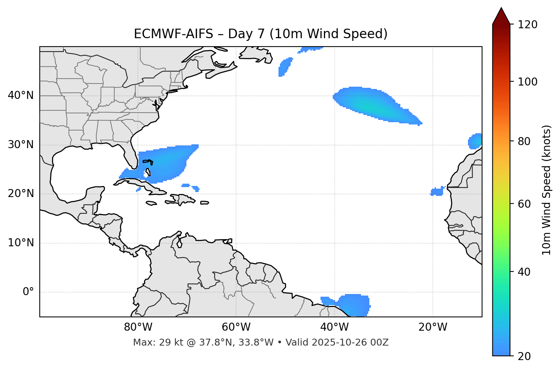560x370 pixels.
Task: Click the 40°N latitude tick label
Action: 21,95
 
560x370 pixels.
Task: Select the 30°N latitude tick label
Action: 21,145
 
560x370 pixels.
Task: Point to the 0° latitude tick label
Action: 28,292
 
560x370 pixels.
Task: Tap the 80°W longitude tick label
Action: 138,327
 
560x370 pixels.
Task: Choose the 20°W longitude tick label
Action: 432,327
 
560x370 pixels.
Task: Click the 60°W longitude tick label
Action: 236,327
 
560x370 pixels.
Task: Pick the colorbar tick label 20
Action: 524,356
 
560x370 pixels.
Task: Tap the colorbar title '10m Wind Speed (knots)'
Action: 547,190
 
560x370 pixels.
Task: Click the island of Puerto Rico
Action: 205,203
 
